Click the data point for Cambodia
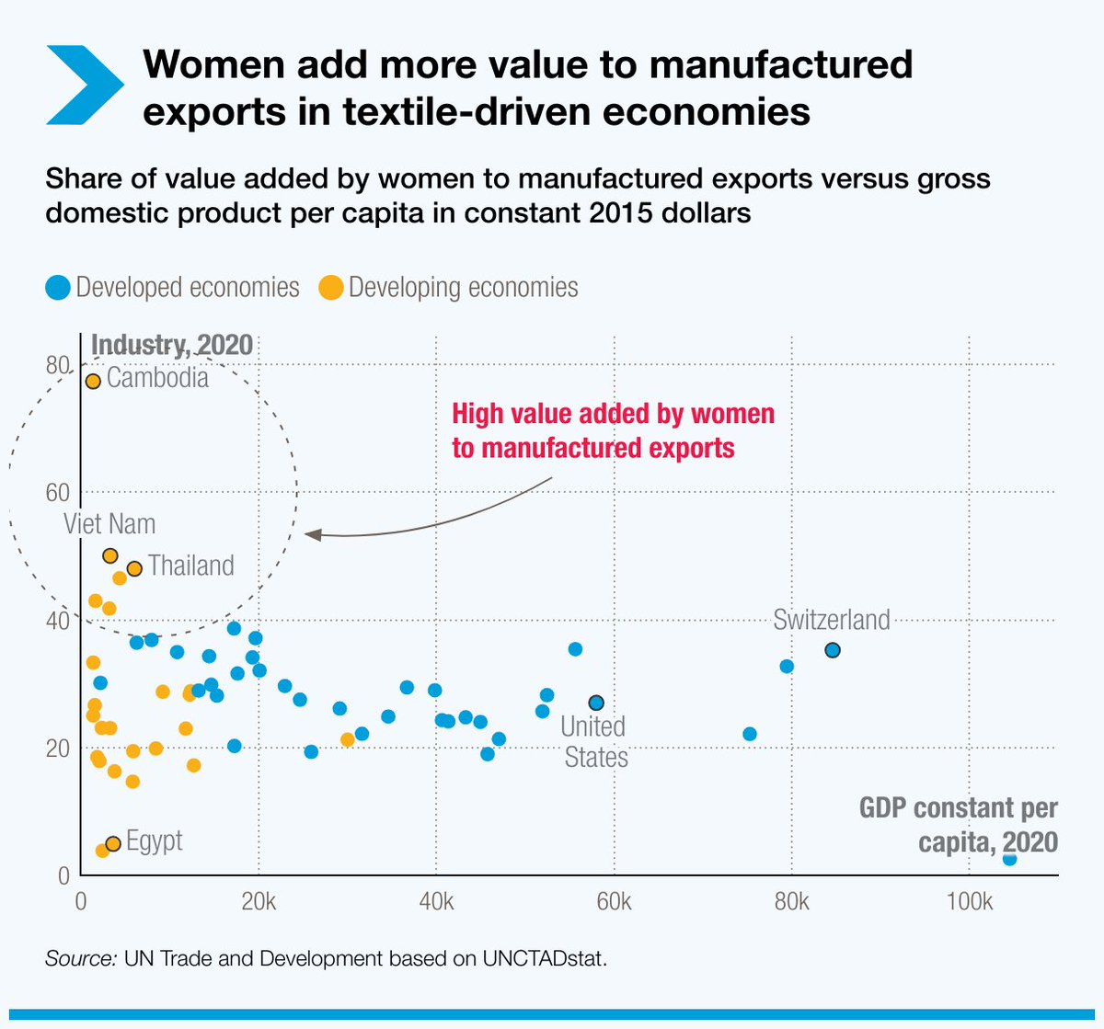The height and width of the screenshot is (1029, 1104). pos(92,381)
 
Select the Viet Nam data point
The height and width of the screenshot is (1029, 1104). pos(109,555)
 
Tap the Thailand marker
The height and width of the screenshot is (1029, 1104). pos(134,568)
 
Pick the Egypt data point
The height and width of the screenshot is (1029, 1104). pos(113,843)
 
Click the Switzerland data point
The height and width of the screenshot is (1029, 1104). pos(832,650)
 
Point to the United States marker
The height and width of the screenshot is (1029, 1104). pos(596,703)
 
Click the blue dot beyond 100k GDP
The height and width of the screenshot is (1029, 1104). pos(1009,858)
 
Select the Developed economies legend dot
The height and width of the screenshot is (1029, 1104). pos(58,288)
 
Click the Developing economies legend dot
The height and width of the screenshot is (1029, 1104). pos(330,288)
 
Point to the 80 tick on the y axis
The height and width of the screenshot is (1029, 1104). pos(58,366)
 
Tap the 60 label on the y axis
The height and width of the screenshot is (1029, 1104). pos(58,493)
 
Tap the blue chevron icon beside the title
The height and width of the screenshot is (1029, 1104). pos(84,85)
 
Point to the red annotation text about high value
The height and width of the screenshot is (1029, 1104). pos(613,430)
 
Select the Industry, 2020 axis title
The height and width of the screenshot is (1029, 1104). pos(172,344)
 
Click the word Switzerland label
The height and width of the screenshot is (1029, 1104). pos(832,620)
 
